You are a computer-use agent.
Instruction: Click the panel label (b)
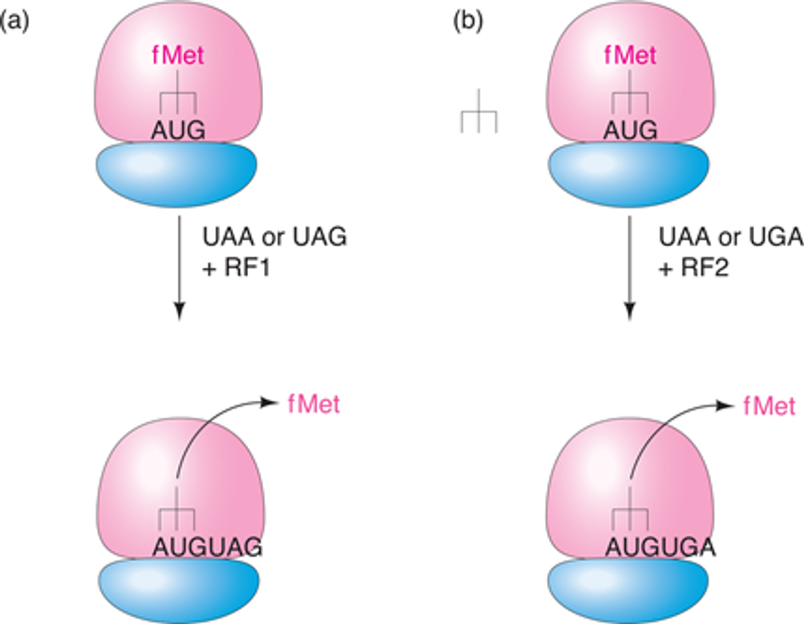click(x=468, y=22)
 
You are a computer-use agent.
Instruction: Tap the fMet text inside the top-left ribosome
click(x=178, y=55)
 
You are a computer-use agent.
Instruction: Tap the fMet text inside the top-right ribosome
click(x=630, y=55)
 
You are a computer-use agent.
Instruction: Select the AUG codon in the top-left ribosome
click(x=178, y=131)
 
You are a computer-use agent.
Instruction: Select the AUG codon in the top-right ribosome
click(x=630, y=131)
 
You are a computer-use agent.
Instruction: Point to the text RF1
click(x=247, y=267)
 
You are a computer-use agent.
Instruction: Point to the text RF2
click(x=705, y=267)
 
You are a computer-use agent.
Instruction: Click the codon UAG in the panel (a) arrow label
click(x=320, y=237)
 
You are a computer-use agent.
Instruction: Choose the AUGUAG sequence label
click(x=208, y=547)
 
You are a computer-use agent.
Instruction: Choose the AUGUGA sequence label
click(x=660, y=547)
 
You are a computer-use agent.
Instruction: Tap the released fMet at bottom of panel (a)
click(x=314, y=404)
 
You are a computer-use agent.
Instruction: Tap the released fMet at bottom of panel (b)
click(x=769, y=406)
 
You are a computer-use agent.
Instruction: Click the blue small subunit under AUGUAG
click(x=179, y=591)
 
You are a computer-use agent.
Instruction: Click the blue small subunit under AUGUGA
click(x=628, y=591)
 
